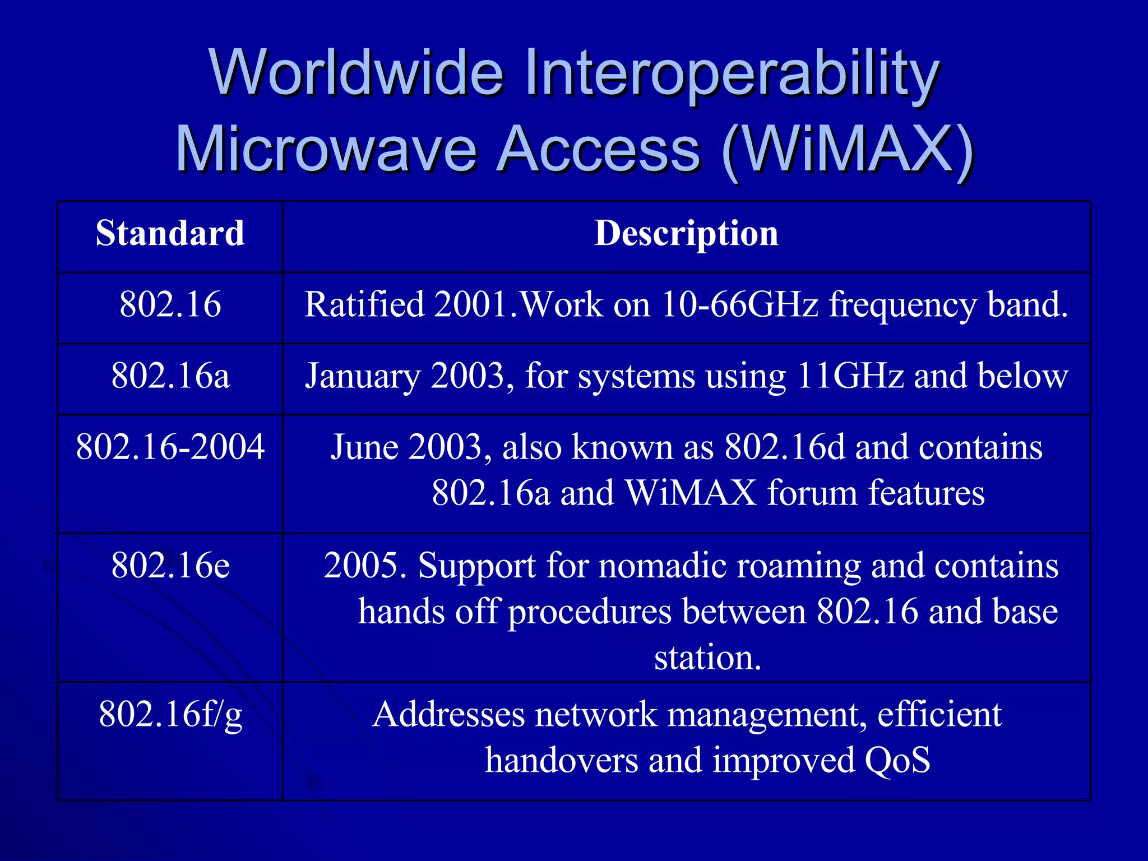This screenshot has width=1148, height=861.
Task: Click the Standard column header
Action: click(170, 233)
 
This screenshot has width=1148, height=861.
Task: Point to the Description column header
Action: click(686, 233)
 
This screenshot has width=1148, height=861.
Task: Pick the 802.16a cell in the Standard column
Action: click(170, 376)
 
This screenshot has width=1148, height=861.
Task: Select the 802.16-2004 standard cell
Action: click(170, 447)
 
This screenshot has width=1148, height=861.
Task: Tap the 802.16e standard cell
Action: click(170, 565)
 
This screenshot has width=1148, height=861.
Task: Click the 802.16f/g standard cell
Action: click(170, 715)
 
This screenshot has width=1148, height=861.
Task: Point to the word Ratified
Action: click(364, 305)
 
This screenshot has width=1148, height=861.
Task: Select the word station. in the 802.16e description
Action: click(707, 658)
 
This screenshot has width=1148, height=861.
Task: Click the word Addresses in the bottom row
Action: click(448, 715)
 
